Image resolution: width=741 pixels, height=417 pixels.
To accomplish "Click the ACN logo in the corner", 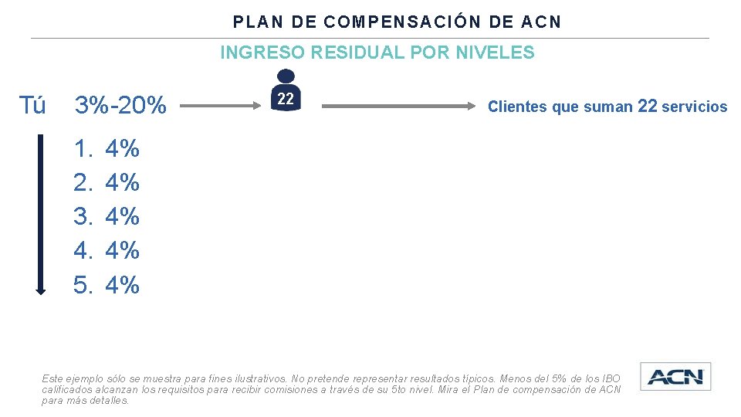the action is [675, 377].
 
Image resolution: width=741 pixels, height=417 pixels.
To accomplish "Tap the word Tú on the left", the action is [32, 106].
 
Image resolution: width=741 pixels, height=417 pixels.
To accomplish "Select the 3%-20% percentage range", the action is [120, 106].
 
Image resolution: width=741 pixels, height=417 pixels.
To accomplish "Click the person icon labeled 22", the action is [286, 91].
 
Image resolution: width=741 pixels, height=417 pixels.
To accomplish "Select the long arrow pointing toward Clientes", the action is [398, 107].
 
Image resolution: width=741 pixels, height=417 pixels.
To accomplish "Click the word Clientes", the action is [518, 107].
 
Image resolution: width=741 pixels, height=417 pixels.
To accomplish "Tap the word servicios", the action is [695, 107].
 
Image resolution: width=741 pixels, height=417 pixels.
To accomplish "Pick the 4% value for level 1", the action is [122, 148].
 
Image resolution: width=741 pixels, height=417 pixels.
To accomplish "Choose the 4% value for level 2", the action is [122, 183].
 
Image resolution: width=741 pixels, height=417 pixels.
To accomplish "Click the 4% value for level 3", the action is [122, 216].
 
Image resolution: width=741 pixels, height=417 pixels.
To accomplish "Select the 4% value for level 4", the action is [122, 250].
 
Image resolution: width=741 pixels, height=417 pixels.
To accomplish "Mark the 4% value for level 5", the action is [122, 285].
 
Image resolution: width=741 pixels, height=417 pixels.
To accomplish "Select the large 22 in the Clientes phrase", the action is [648, 107].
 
